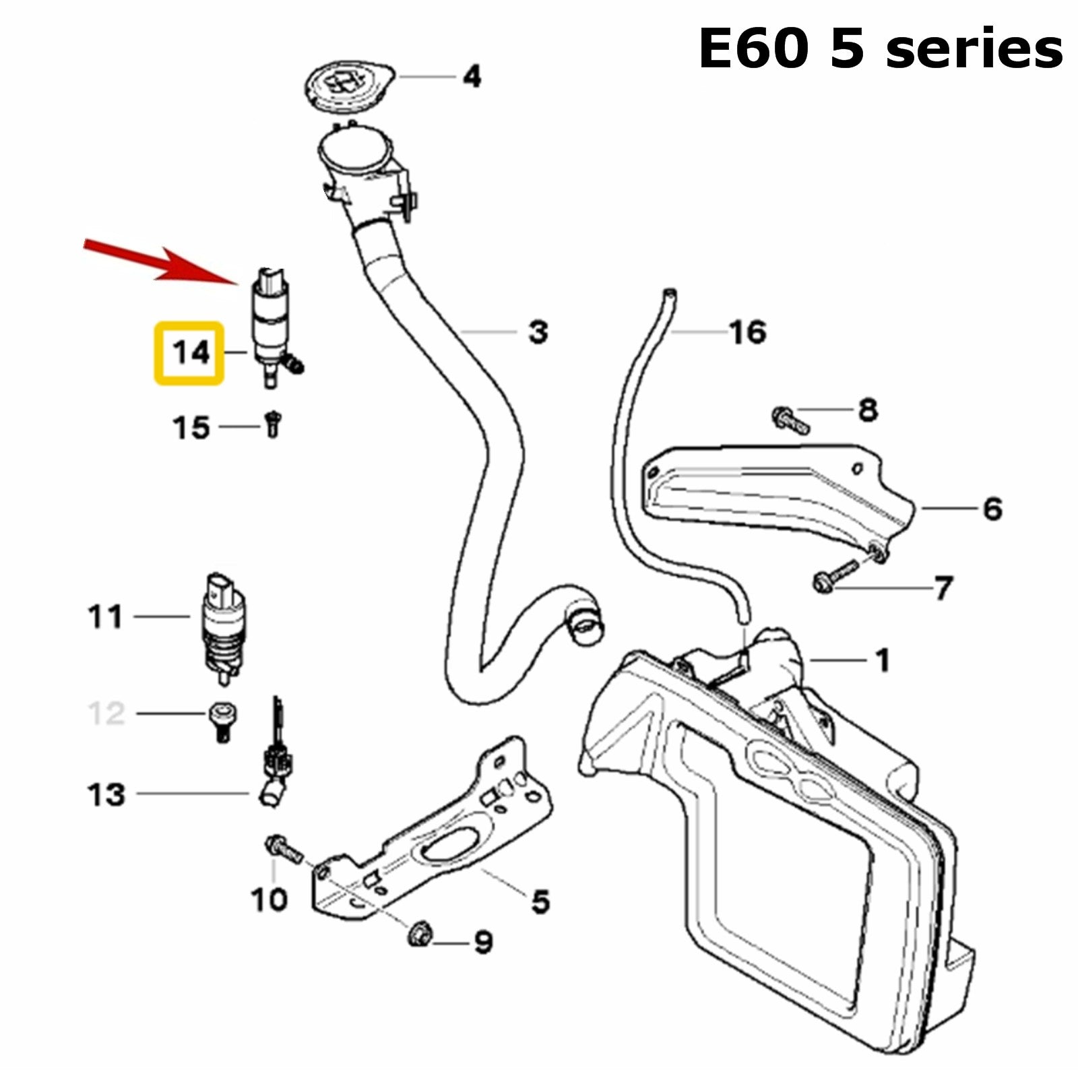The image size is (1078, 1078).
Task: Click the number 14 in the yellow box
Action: [189, 353]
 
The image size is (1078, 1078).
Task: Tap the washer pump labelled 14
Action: [271, 323]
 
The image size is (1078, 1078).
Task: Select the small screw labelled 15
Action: [273, 424]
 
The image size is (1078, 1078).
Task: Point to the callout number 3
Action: [538, 331]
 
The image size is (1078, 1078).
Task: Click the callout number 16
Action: [748, 331]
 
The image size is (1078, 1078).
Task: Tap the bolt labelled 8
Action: [790, 419]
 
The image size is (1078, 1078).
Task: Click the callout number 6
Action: [992, 509]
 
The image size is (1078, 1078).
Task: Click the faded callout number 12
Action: [106, 713]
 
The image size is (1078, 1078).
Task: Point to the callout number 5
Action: [540, 901]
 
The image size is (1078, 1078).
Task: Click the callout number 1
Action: [882, 660]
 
